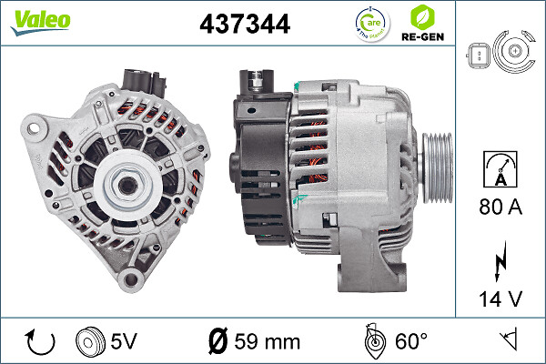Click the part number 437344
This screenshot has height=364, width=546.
245,24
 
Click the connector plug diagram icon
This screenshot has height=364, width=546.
499,55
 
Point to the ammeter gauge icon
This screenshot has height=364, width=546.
500,168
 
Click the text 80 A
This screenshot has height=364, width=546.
500,208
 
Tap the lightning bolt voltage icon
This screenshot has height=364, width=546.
500,261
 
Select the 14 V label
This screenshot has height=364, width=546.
500,297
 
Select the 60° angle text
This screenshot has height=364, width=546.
410,341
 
